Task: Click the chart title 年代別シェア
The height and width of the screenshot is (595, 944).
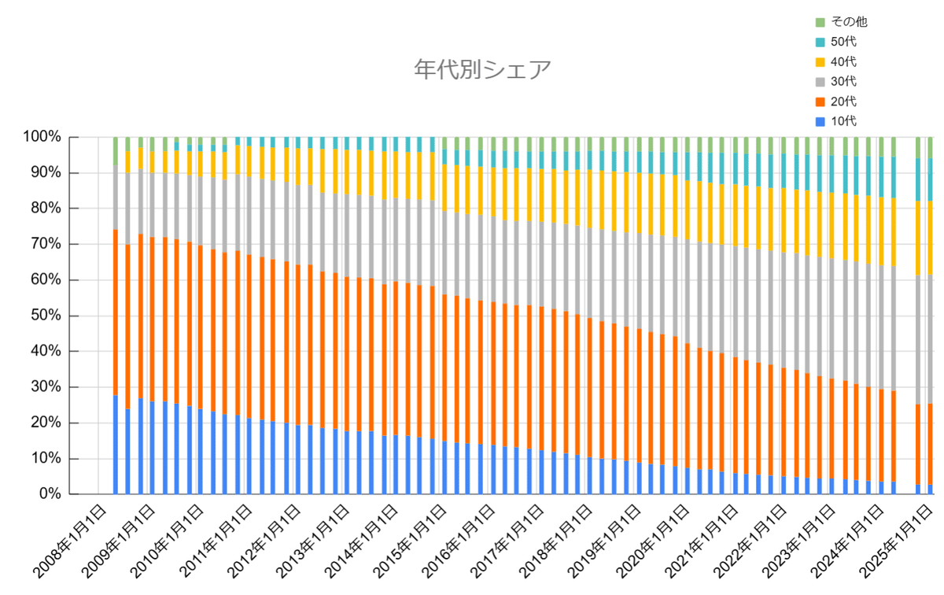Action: [x=482, y=69]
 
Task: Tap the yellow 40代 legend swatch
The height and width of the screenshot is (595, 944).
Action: [x=820, y=61]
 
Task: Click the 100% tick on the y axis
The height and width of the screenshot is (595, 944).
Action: [x=42, y=137]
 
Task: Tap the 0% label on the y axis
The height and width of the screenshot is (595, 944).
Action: [x=49, y=494]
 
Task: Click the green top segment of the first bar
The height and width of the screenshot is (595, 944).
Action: [x=116, y=150]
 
